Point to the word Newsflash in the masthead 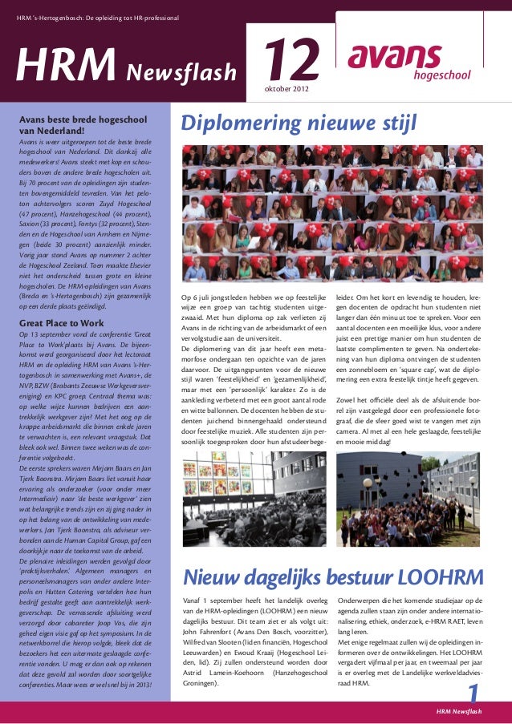(180, 73)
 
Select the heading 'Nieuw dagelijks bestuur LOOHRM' (333, 577)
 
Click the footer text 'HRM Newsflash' (459, 711)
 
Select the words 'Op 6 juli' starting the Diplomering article (200, 298)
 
